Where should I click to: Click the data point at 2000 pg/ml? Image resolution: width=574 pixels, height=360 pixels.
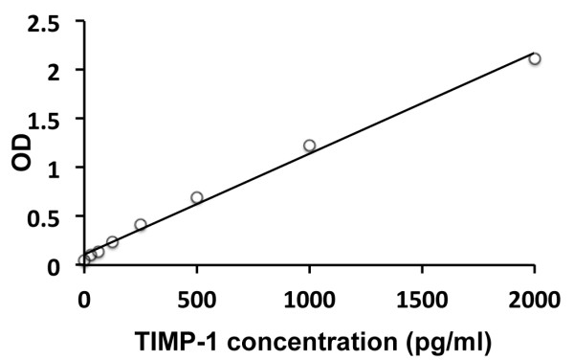[x=535, y=58]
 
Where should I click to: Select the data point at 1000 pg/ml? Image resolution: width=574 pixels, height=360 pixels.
[x=309, y=146]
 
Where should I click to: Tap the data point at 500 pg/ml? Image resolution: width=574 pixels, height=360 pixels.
[x=197, y=197]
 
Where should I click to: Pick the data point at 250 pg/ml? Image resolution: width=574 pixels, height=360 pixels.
[x=141, y=225]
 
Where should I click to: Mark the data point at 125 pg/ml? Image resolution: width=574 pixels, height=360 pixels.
[x=112, y=242]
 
